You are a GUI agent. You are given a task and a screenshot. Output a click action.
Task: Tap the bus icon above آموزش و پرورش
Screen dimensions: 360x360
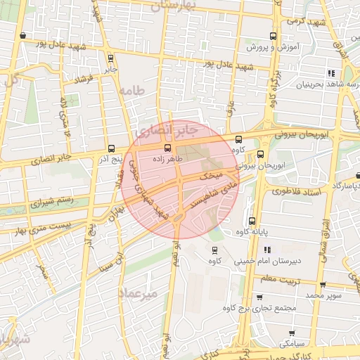274,36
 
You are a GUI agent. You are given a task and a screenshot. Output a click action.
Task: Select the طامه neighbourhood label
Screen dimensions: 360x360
131,91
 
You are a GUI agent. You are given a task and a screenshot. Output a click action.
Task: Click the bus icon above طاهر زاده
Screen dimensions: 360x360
167,148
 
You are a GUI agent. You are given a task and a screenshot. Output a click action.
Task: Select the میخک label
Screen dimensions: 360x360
212,173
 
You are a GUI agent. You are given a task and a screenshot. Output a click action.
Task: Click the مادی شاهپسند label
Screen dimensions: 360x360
209,194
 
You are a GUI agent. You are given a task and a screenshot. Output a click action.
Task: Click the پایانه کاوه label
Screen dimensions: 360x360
252,232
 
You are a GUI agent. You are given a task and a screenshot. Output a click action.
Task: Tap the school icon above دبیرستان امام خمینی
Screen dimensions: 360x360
267,250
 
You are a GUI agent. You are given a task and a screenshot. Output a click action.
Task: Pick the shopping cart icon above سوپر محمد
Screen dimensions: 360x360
323,285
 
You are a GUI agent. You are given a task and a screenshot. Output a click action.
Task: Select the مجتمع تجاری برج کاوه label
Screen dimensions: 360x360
260,308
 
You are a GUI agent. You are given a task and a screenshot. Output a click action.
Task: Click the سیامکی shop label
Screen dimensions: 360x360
291,344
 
